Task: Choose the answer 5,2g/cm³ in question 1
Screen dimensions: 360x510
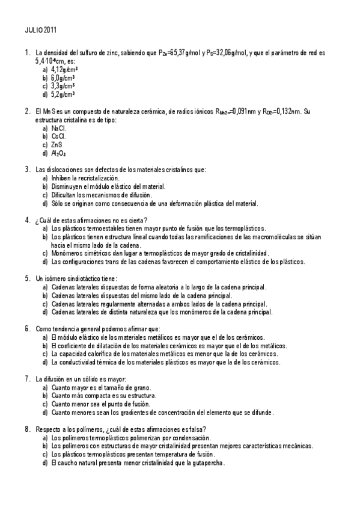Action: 63,94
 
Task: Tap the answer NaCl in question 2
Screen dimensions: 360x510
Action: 59,128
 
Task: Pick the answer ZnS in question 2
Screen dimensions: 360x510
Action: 57,145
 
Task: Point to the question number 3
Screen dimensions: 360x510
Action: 28,170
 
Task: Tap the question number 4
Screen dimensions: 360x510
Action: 28,220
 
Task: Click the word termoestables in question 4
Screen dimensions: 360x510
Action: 91,229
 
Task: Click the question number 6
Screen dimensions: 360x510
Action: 28,329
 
